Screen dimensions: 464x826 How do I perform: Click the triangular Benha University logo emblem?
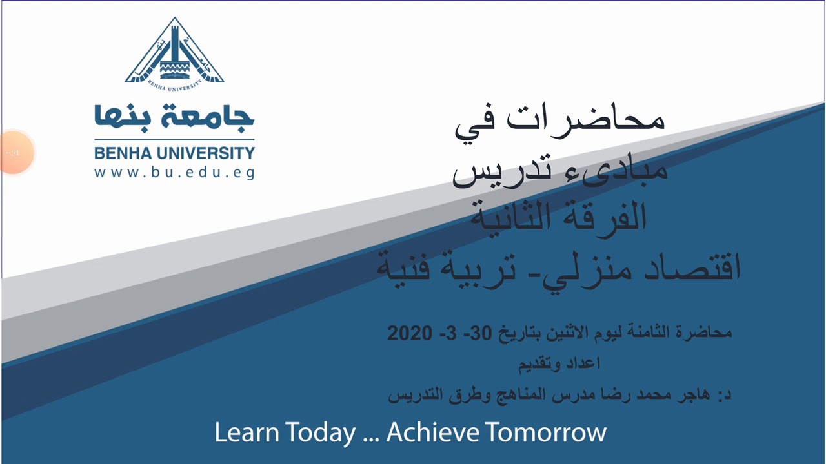click(x=174, y=52)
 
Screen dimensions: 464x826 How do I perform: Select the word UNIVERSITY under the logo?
click(x=206, y=154)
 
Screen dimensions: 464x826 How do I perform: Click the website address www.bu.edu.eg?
click(x=174, y=173)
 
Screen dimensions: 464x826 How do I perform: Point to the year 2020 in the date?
click(x=408, y=333)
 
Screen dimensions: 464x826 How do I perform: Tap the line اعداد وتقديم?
click(x=559, y=363)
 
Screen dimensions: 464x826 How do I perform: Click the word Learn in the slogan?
click(x=247, y=432)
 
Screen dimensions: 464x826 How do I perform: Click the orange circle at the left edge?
click(x=13, y=153)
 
